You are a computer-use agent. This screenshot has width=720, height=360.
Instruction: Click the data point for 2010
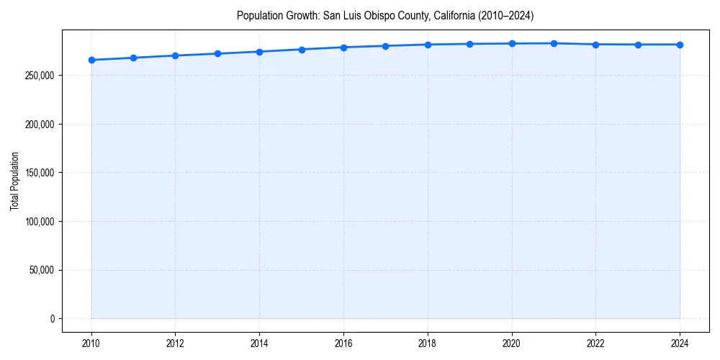click(91, 60)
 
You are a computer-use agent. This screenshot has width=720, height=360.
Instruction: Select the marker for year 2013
click(217, 53)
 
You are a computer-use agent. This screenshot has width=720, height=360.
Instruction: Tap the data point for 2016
click(343, 48)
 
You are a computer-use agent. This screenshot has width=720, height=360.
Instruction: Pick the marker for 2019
click(469, 44)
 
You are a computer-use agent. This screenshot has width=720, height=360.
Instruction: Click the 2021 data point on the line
click(554, 43)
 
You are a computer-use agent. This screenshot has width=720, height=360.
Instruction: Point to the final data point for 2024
click(680, 45)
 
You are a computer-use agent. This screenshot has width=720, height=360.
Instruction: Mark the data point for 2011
click(133, 58)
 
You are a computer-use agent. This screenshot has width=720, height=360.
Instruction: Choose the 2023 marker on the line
click(638, 45)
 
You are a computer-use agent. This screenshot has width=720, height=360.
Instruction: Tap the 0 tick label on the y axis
click(52, 319)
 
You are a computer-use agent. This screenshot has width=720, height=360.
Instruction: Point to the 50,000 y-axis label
click(40, 270)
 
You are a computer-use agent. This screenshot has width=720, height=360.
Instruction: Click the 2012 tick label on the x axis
click(175, 343)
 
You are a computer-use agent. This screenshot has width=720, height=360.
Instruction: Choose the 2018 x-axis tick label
click(428, 343)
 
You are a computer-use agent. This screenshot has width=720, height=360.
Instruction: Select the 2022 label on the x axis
click(595, 343)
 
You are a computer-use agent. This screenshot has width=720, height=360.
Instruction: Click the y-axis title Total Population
click(15, 181)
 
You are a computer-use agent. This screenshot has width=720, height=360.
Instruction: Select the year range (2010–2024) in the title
click(508, 15)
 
